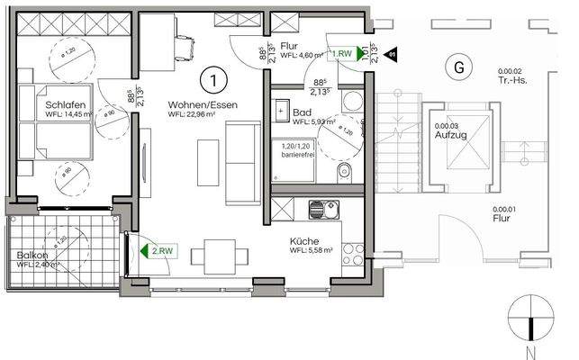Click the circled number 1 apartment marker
point(213,82)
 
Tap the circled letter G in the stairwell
point(459,66)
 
